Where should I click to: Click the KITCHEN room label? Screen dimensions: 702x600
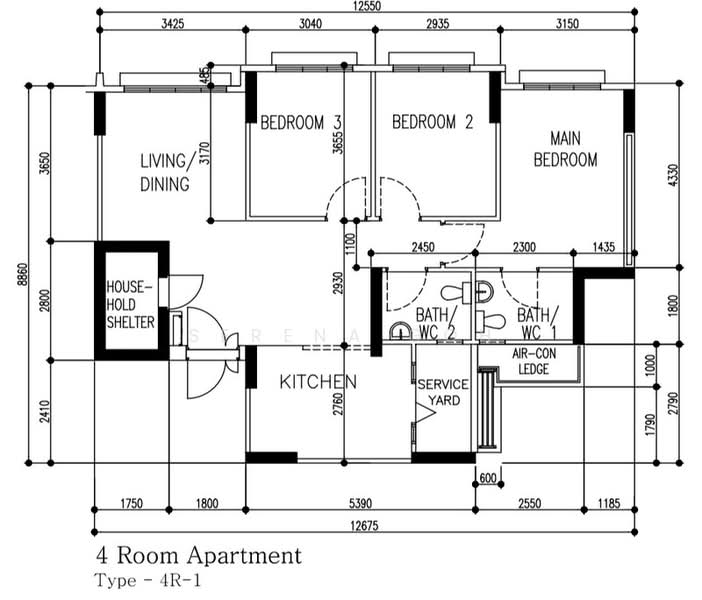click(x=318, y=382)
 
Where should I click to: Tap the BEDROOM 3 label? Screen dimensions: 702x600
click(x=301, y=122)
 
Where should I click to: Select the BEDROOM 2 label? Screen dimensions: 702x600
click(x=432, y=122)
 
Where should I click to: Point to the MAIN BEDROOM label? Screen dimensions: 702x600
click(x=565, y=149)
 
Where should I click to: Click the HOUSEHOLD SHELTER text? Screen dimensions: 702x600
click(x=130, y=304)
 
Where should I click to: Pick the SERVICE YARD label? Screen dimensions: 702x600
click(x=443, y=392)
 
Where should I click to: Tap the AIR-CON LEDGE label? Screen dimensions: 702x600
click(x=534, y=361)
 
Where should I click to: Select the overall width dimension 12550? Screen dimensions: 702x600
click(x=367, y=6)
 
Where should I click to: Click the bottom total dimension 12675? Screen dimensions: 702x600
click(x=364, y=525)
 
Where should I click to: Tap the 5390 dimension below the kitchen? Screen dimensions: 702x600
click(x=360, y=503)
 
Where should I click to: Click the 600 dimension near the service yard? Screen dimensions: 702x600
click(x=488, y=478)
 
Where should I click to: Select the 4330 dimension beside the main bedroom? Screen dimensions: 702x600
click(x=673, y=176)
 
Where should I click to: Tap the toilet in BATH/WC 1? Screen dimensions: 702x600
click(x=491, y=321)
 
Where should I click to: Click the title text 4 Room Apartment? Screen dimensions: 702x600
click(x=199, y=556)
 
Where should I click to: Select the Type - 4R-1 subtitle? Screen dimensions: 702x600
click(x=148, y=581)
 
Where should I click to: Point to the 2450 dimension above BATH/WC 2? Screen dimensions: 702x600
click(x=423, y=247)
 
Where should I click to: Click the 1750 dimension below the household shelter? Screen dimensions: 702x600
click(x=132, y=503)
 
